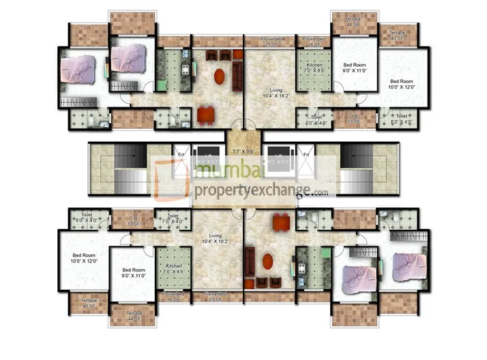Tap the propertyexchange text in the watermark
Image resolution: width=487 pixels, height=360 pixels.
click(x=252, y=192)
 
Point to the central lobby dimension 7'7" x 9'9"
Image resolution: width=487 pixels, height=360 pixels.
click(x=243, y=152)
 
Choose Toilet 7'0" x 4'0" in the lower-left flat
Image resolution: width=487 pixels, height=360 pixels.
click(x=173, y=219)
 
